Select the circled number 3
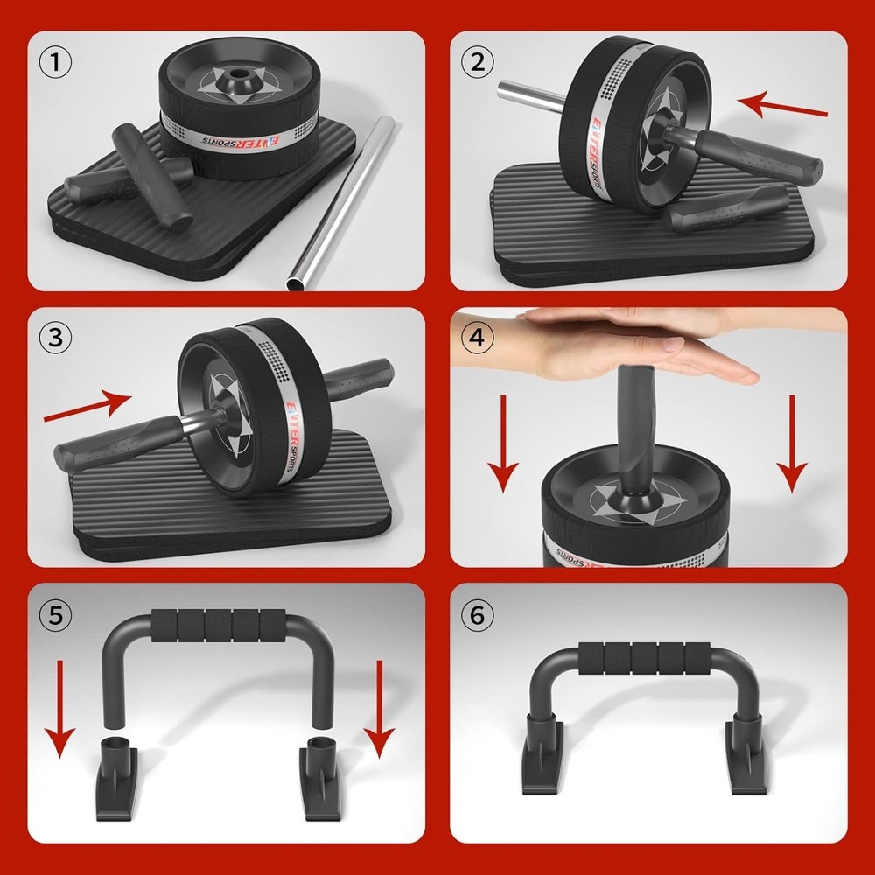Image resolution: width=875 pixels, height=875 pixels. [x=57, y=338]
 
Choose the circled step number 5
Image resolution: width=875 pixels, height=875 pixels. [x=57, y=615]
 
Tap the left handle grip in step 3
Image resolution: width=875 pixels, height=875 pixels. [x=114, y=438]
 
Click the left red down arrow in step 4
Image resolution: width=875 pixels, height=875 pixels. [x=503, y=443]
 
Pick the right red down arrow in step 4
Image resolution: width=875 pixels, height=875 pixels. [x=792, y=443]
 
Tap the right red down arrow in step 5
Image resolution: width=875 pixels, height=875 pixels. [x=378, y=709]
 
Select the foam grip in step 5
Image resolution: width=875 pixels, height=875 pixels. [x=219, y=626]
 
